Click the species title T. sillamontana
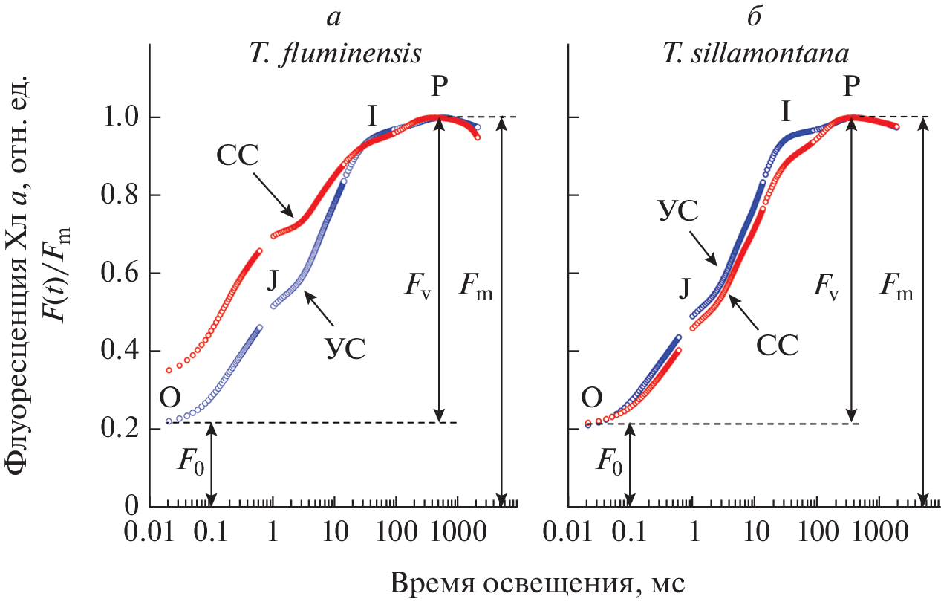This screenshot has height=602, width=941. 755,55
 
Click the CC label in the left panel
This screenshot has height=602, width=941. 237,157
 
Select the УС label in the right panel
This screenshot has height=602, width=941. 679,210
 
